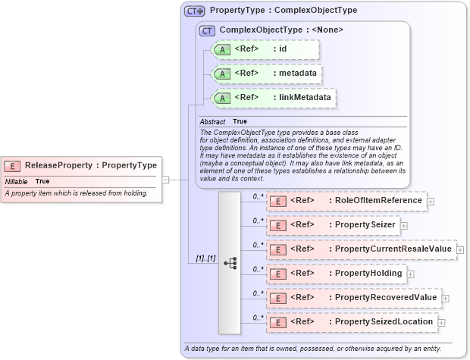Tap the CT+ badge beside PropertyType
pyautogui.click(x=195, y=11)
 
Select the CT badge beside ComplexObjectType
pyautogui.click(x=206, y=30)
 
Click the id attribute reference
pyautogui.click(x=265, y=49)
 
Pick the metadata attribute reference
pyautogui.click(x=266, y=74)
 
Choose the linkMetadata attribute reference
pyautogui.click(x=274, y=98)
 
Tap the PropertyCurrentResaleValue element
pyautogui.click(x=361, y=249)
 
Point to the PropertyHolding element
pyautogui.click(x=337, y=273)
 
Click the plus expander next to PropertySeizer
pyautogui.click(x=404, y=225)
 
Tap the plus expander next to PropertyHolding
pyautogui.click(x=411, y=273)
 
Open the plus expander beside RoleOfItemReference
pyautogui.click(x=431, y=201)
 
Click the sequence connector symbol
pyautogui.click(x=230, y=263)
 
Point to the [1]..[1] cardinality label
pyautogui.click(x=205, y=258)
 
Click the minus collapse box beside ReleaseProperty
pyautogui.click(x=166, y=180)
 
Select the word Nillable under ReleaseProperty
pyautogui.click(x=17, y=182)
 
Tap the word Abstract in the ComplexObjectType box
pyautogui.click(x=213, y=121)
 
